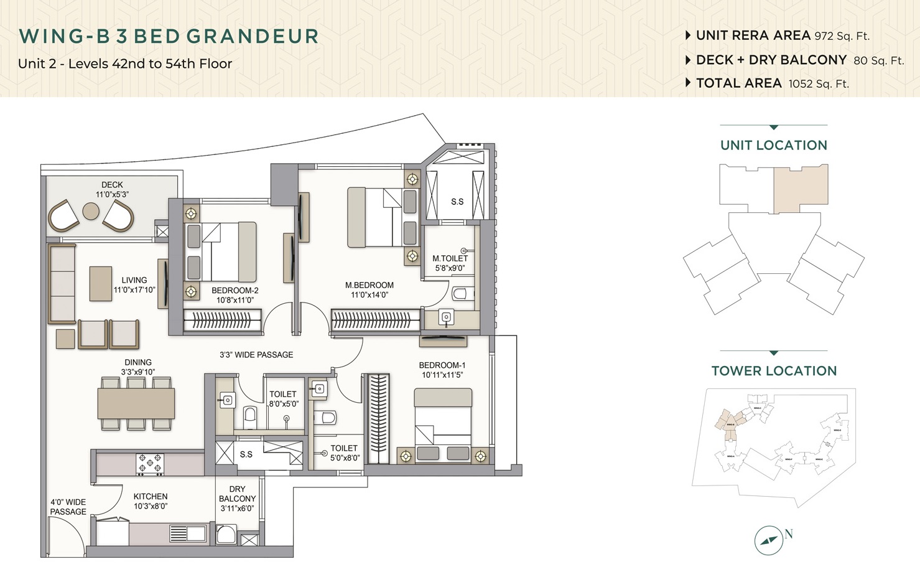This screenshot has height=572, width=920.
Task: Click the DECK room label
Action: click(112, 185)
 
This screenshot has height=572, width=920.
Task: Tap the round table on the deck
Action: click(91, 212)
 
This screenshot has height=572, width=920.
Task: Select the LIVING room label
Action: click(134, 280)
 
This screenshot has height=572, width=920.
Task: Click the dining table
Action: click(136, 403)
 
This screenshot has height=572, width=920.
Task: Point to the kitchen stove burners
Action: click(150, 464)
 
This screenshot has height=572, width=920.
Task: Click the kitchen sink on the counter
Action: click(187, 533)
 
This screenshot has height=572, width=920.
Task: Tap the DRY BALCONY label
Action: click(237, 494)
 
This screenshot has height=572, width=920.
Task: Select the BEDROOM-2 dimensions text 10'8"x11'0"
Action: click(235, 300)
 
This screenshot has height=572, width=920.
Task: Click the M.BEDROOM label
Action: click(369, 285)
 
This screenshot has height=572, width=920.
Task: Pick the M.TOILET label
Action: click(450, 258)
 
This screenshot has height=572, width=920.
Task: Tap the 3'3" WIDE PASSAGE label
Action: click(256, 355)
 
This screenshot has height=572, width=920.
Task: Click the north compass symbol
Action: click(769, 540)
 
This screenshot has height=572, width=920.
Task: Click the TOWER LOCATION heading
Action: click(774, 371)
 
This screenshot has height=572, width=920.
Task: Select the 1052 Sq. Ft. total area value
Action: click(818, 84)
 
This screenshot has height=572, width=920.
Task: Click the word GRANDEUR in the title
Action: click(253, 36)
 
